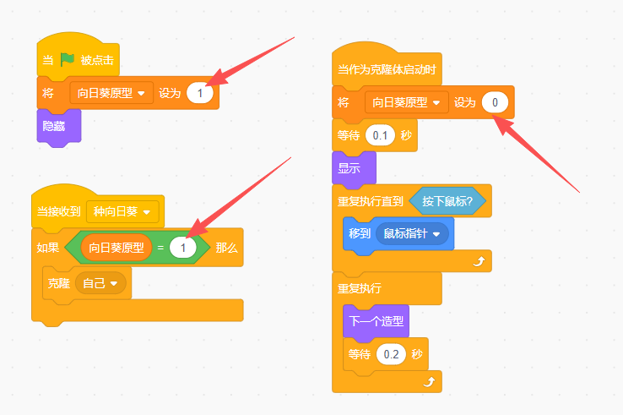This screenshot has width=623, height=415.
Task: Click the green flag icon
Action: pos(68,60)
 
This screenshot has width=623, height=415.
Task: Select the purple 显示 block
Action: pos(354,168)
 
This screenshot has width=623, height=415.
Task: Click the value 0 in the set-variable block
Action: pos(495,102)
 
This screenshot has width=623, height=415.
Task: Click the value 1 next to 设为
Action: pos(200,93)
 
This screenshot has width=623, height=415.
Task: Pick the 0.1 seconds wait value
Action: pos(380,135)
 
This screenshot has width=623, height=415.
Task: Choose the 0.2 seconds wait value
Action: pos(391,354)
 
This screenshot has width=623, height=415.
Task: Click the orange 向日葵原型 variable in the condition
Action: pos(116,248)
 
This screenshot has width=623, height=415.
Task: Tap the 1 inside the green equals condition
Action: pos(183,248)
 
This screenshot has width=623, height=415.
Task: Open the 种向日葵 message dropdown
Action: pos(122,211)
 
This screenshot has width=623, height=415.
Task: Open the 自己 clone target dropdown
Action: pos(100,283)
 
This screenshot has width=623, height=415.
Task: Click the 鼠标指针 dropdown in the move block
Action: pos(412,233)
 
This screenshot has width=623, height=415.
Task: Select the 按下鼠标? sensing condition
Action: pos(447,201)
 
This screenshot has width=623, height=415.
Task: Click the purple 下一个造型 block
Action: pos(376,321)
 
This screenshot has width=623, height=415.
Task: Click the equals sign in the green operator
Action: pos(160,248)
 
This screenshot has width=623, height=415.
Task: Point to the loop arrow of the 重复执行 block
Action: pos(429,382)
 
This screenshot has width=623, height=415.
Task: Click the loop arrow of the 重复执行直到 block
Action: pos(479,261)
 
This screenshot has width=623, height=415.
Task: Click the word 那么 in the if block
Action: pos(226,248)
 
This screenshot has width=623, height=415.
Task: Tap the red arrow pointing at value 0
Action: pos(536,154)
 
